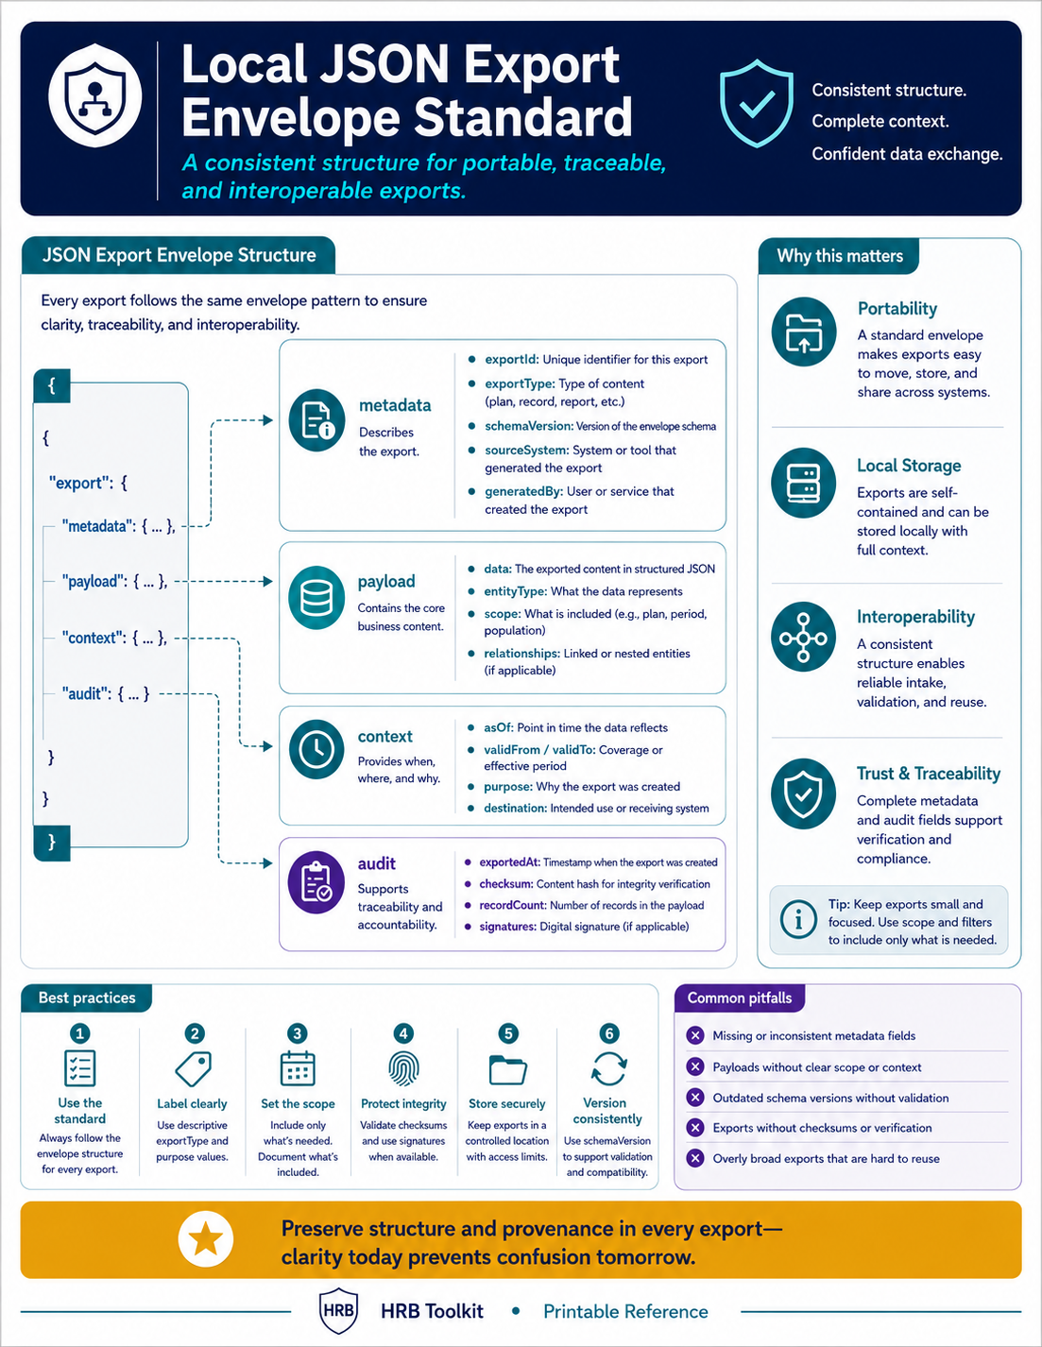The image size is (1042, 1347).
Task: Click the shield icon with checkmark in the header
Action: (757, 103)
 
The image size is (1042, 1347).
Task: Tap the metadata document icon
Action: (316, 419)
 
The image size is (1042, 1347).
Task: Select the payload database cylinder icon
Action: (316, 598)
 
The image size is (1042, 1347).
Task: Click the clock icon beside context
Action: (316, 749)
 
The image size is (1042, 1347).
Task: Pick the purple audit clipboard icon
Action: (316, 882)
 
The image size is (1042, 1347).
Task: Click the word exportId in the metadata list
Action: (511, 360)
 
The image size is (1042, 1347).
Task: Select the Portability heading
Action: (897, 309)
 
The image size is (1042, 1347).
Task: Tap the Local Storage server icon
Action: (803, 483)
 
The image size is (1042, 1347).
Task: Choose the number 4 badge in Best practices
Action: (403, 1033)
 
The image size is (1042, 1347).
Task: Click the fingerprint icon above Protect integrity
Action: (403, 1069)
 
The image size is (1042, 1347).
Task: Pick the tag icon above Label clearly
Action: (194, 1068)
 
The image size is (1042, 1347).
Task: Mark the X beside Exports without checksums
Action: (695, 1128)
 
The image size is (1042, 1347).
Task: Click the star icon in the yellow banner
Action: (206, 1239)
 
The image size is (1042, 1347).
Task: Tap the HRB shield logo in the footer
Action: (338, 1310)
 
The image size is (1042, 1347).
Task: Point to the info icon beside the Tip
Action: (798, 919)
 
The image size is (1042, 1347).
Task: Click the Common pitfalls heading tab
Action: (739, 998)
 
